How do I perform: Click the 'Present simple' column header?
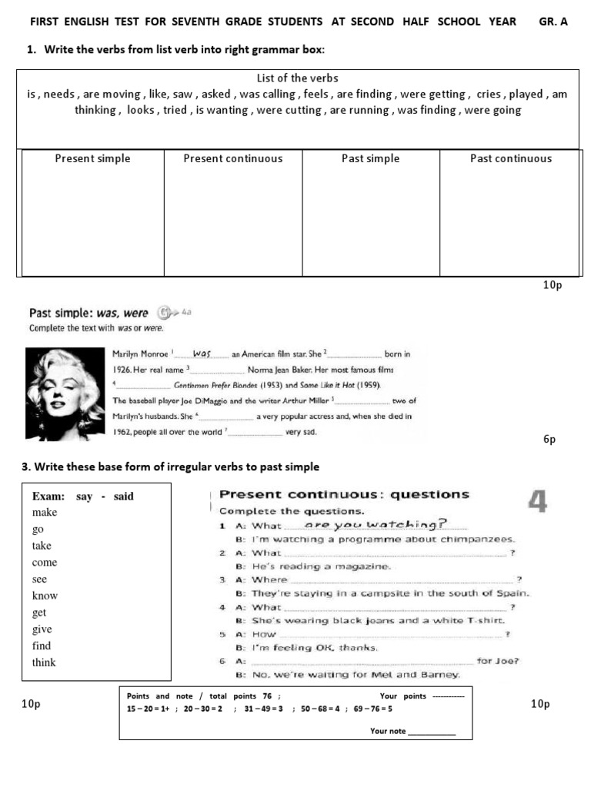point(92,159)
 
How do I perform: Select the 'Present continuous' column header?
point(232,159)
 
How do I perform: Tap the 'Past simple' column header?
point(370,159)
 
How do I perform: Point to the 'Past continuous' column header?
point(510,159)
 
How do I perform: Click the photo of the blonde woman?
point(65,394)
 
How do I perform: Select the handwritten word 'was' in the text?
point(202,354)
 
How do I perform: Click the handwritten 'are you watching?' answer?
point(376,525)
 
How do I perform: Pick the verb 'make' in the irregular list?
point(45,513)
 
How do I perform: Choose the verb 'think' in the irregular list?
point(44,662)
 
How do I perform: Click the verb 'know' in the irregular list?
point(45,596)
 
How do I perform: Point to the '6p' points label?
point(549,440)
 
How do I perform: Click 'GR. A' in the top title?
point(553,22)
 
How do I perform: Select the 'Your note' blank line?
point(431,731)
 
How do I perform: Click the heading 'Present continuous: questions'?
point(344,495)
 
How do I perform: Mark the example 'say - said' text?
point(105,496)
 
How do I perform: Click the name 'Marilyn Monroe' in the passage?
point(142,354)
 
